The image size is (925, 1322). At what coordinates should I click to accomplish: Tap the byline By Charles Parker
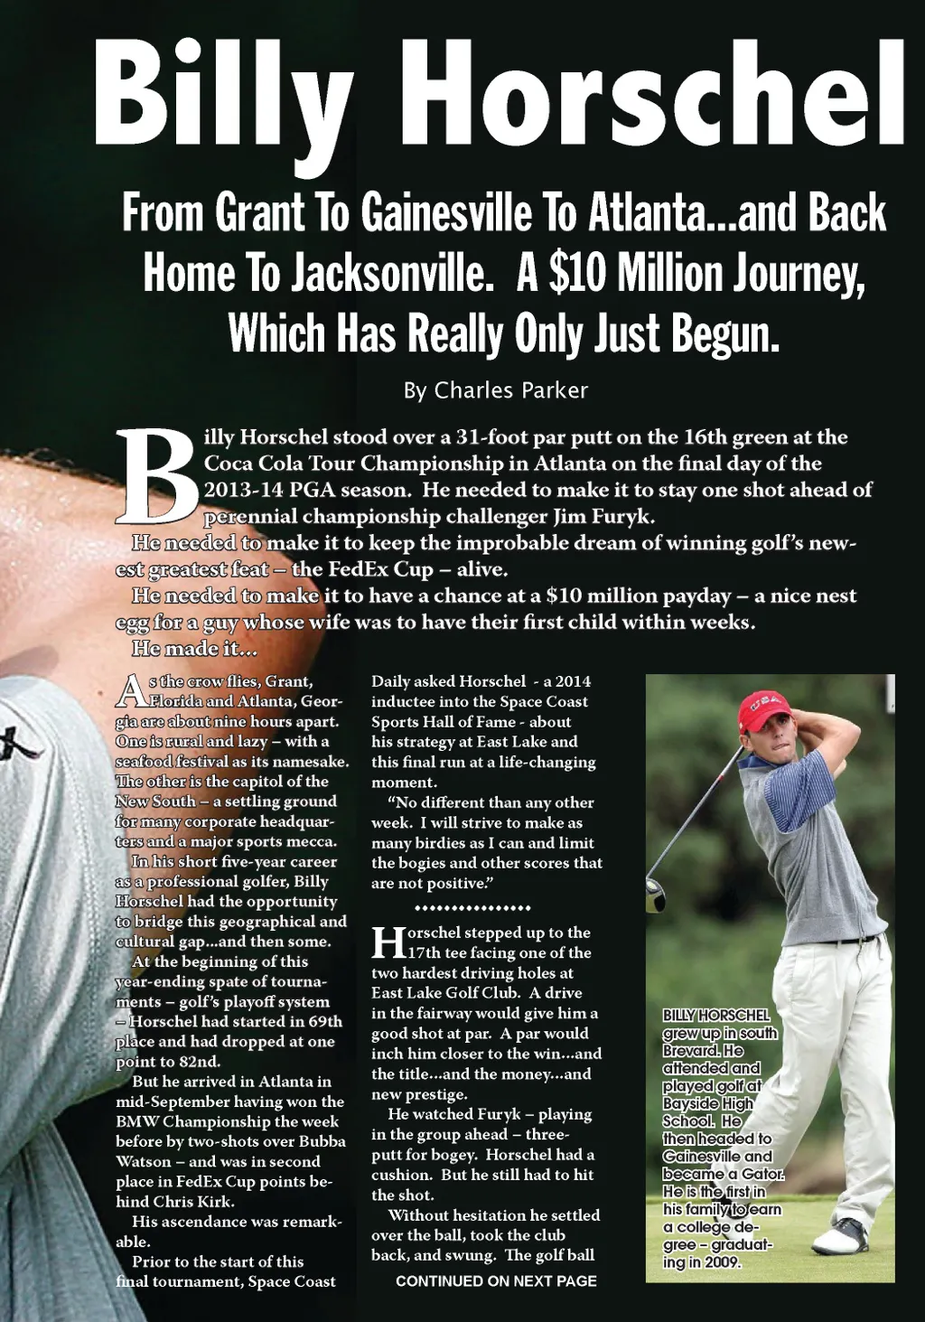tap(495, 390)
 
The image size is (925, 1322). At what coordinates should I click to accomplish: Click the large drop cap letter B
tap(156, 476)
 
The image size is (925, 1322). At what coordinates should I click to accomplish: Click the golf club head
tap(655, 894)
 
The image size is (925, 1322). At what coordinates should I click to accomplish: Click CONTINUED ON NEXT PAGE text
tap(496, 1280)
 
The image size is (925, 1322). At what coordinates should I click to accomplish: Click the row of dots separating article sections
tap(472, 907)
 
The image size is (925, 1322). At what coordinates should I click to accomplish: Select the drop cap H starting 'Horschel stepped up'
tap(388, 942)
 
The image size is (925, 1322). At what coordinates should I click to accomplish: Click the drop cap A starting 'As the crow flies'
tap(131, 691)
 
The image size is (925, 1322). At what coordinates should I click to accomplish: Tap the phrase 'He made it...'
tap(194, 648)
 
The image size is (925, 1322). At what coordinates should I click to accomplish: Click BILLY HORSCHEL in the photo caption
tap(715, 1016)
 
